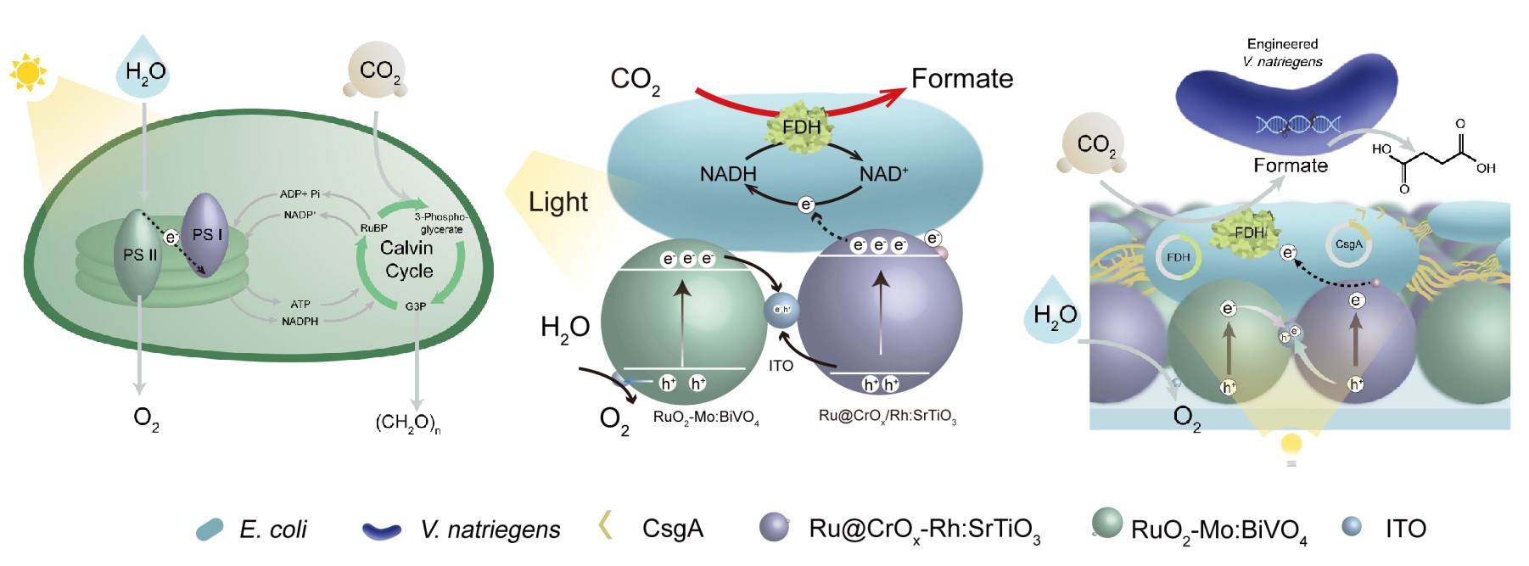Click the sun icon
(29, 73)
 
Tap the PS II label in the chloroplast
(140, 255)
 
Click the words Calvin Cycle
(407, 259)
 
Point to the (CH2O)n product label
(407, 423)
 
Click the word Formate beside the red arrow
(962, 79)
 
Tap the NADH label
(727, 174)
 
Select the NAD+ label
(883, 174)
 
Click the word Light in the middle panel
(557, 202)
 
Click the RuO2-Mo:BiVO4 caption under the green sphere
(706, 417)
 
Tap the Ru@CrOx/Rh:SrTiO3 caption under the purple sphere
(887, 416)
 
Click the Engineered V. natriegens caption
(1282, 53)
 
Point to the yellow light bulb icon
(1291, 445)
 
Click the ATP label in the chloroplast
(300, 304)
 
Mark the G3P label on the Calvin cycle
(416, 306)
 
